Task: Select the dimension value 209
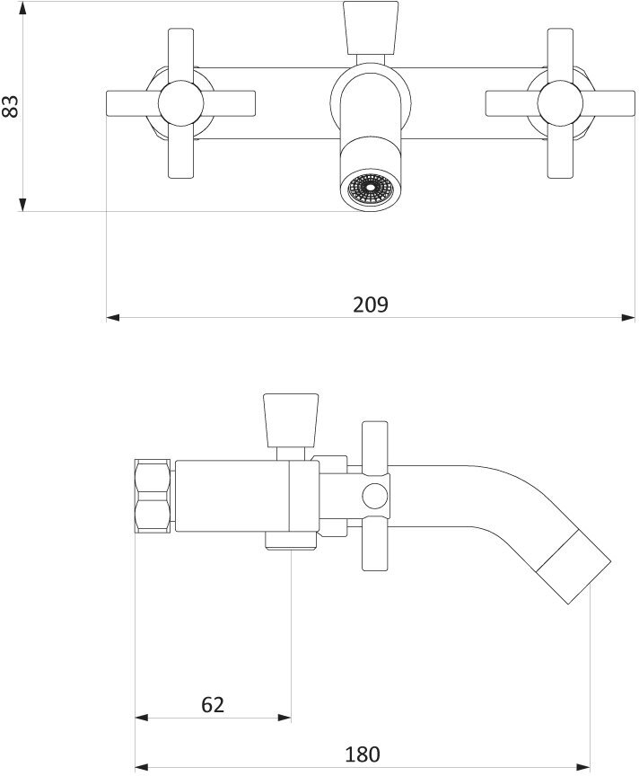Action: pyautogui.click(x=370, y=304)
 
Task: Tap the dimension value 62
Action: pyautogui.click(x=213, y=704)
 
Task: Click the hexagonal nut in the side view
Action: pyautogui.click(x=153, y=496)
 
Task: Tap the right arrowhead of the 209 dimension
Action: pyautogui.click(x=629, y=316)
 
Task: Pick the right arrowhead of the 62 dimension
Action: pyautogui.click(x=284, y=718)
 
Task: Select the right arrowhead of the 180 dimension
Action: pyautogui.click(x=582, y=769)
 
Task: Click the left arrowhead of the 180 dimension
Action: pyautogui.click(x=141, y=769)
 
